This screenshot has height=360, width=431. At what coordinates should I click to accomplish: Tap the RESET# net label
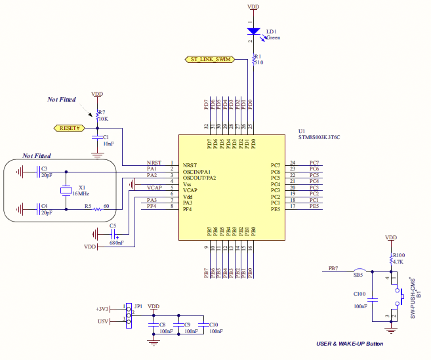coord(69,128)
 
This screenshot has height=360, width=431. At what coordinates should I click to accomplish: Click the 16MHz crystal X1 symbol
coord(65,190)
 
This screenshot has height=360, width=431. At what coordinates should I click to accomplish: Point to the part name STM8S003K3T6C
coord(319,137)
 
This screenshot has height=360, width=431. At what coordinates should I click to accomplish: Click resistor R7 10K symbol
coord(97,115)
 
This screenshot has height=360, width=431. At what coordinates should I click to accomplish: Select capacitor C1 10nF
coord(97,139)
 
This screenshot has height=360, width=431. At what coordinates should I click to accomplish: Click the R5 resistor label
coord(88,206)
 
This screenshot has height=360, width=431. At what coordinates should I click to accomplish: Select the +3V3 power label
coord(102,308)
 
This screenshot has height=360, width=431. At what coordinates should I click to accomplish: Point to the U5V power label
coord(102,321)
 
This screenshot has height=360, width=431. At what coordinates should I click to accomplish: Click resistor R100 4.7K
coord(391,260)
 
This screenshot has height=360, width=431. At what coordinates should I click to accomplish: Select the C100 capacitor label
coord(359,294)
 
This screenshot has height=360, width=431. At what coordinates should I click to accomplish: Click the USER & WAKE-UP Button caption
coord(350,344)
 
